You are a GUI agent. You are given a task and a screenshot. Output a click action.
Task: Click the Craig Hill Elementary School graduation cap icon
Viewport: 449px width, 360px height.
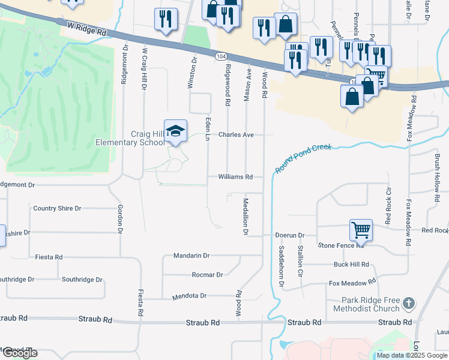click(x=175, y=132)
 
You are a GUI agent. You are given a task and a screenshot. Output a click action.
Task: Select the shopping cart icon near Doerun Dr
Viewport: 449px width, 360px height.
click(x=361, y=230)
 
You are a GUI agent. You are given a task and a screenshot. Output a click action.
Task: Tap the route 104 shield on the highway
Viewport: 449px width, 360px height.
click(x=221, y=55)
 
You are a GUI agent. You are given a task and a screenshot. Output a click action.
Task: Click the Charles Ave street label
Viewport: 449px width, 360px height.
click(x=236, y=135)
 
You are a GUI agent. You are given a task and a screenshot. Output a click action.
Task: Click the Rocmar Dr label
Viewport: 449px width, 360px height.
click(x=207, y=275)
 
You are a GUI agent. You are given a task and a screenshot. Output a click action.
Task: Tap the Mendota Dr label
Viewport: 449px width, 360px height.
click(x=189, y=296)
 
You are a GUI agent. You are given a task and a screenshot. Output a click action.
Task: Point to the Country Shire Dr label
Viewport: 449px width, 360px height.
click(x=57, y=208)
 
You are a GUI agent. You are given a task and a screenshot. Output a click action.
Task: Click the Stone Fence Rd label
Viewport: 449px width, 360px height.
click(x=341, y=245)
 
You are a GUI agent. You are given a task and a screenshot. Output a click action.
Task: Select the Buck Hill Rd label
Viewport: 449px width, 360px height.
click(x=351, y=265)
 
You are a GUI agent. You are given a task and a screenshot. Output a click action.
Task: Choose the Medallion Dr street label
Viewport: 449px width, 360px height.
click(x=246, y=215)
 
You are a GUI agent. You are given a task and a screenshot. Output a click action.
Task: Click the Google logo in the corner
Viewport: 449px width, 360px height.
click(x=19, y=353)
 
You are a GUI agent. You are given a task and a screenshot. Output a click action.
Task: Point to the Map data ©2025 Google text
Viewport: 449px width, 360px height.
click(x=411, y=355)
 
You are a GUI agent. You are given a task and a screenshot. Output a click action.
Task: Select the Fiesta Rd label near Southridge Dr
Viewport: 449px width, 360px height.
click(x=50, y=257)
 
